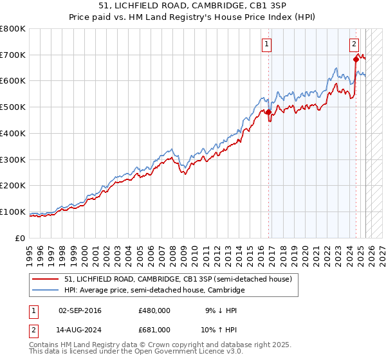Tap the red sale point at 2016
(x=269, y=113)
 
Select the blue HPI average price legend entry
(x=154, y=291)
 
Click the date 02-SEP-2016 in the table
(x=79, y=310)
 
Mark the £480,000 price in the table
(x=154, y=310)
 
